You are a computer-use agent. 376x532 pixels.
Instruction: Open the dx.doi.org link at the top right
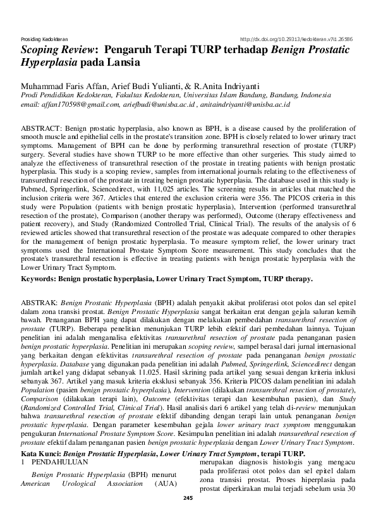coord(298,38)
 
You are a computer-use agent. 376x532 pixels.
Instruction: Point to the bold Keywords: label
coord(38,279)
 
